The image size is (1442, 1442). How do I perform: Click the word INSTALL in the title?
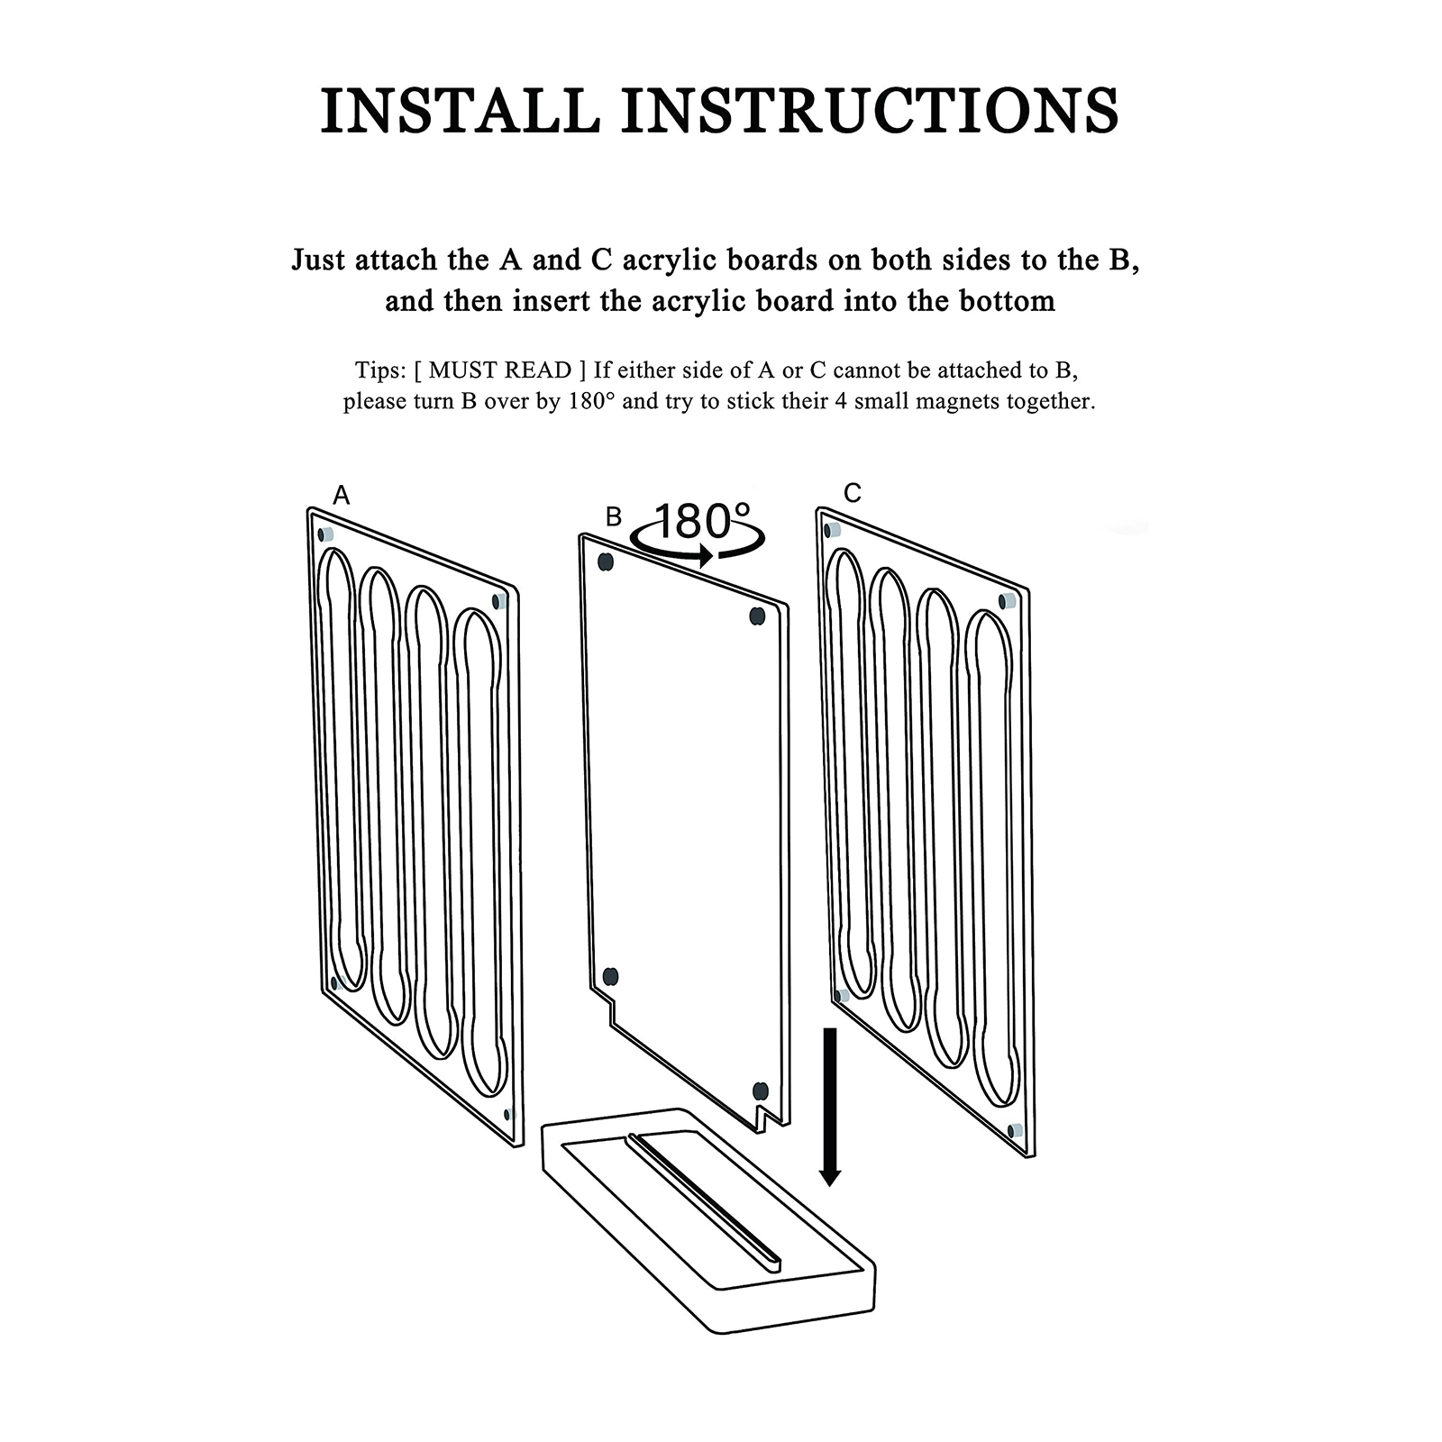[x=461, y=111]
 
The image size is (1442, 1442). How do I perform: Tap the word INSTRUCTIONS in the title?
[x=871, y=111]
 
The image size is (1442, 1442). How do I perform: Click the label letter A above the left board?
[x=341, y=495]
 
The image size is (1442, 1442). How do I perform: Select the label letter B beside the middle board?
[x=614, y=516]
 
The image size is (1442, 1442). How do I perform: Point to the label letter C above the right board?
[x=853, y=493]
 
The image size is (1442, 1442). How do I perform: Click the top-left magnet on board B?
[x=606, y=562]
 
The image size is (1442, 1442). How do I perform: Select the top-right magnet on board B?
[x=757, y=616]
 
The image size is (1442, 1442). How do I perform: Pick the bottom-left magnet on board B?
[x=610, y=976]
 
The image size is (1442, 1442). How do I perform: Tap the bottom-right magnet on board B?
[x=760, y=1091]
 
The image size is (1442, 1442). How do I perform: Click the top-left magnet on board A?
[x=326, y=534]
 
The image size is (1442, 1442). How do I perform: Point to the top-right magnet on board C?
[x=1008, y=600]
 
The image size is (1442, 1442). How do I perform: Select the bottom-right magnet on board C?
[x=1015, y=1130]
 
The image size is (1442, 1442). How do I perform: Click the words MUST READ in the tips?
[x=500, y=370]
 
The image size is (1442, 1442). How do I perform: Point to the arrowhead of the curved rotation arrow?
[x=706, y=556]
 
